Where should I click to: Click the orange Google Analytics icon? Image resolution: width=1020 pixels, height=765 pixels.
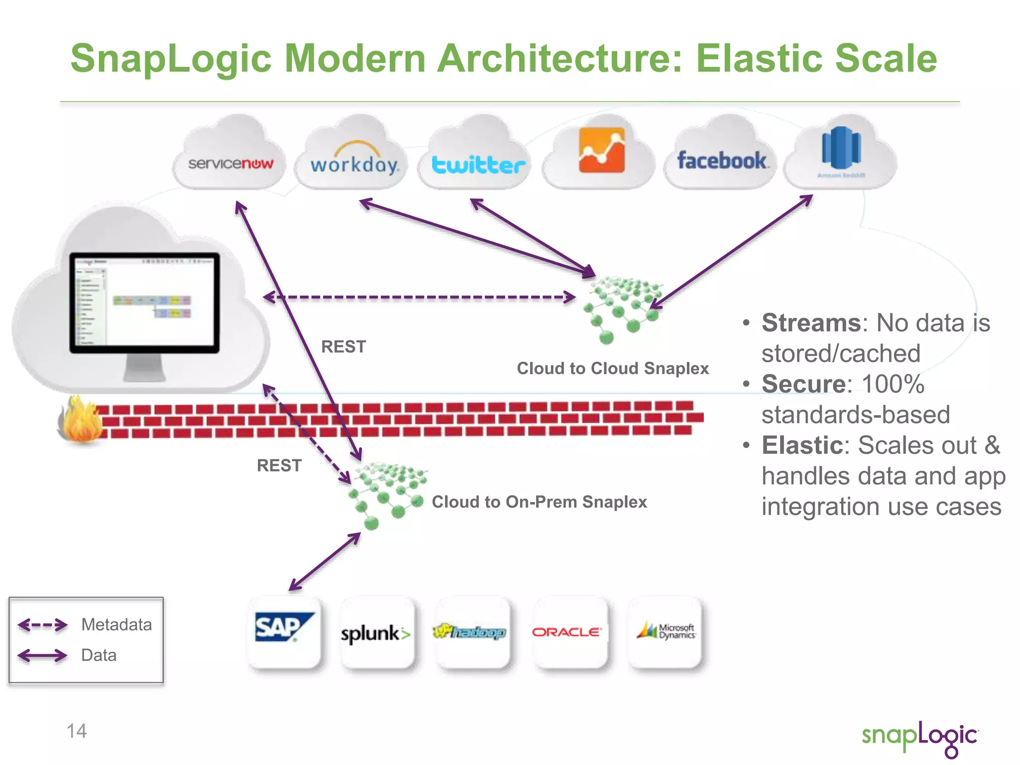click(x=602, y=150)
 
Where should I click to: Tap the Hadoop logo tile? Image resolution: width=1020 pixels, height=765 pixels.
click(x=470, y=632)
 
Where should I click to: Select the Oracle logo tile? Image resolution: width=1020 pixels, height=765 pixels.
click(x=567, y=632)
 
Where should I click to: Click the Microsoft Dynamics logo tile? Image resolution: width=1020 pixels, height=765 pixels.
click(x=665, y=631)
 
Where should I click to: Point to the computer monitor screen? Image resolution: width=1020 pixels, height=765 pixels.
click(x=144, y=302)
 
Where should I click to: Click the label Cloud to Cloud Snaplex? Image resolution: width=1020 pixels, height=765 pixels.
click(x=613, y=369)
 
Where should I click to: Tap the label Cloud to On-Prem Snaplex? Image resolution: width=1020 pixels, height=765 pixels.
click(x=539, y=502)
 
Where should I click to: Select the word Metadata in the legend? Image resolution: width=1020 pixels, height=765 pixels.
click(x=117, y=625)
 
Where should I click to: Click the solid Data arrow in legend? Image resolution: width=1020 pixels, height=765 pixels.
click(x=42, y=655)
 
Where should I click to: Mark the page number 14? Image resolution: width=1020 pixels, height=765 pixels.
click(x=77, y=731)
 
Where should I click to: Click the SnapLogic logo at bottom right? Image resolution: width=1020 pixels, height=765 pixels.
click(x=919, y=737)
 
